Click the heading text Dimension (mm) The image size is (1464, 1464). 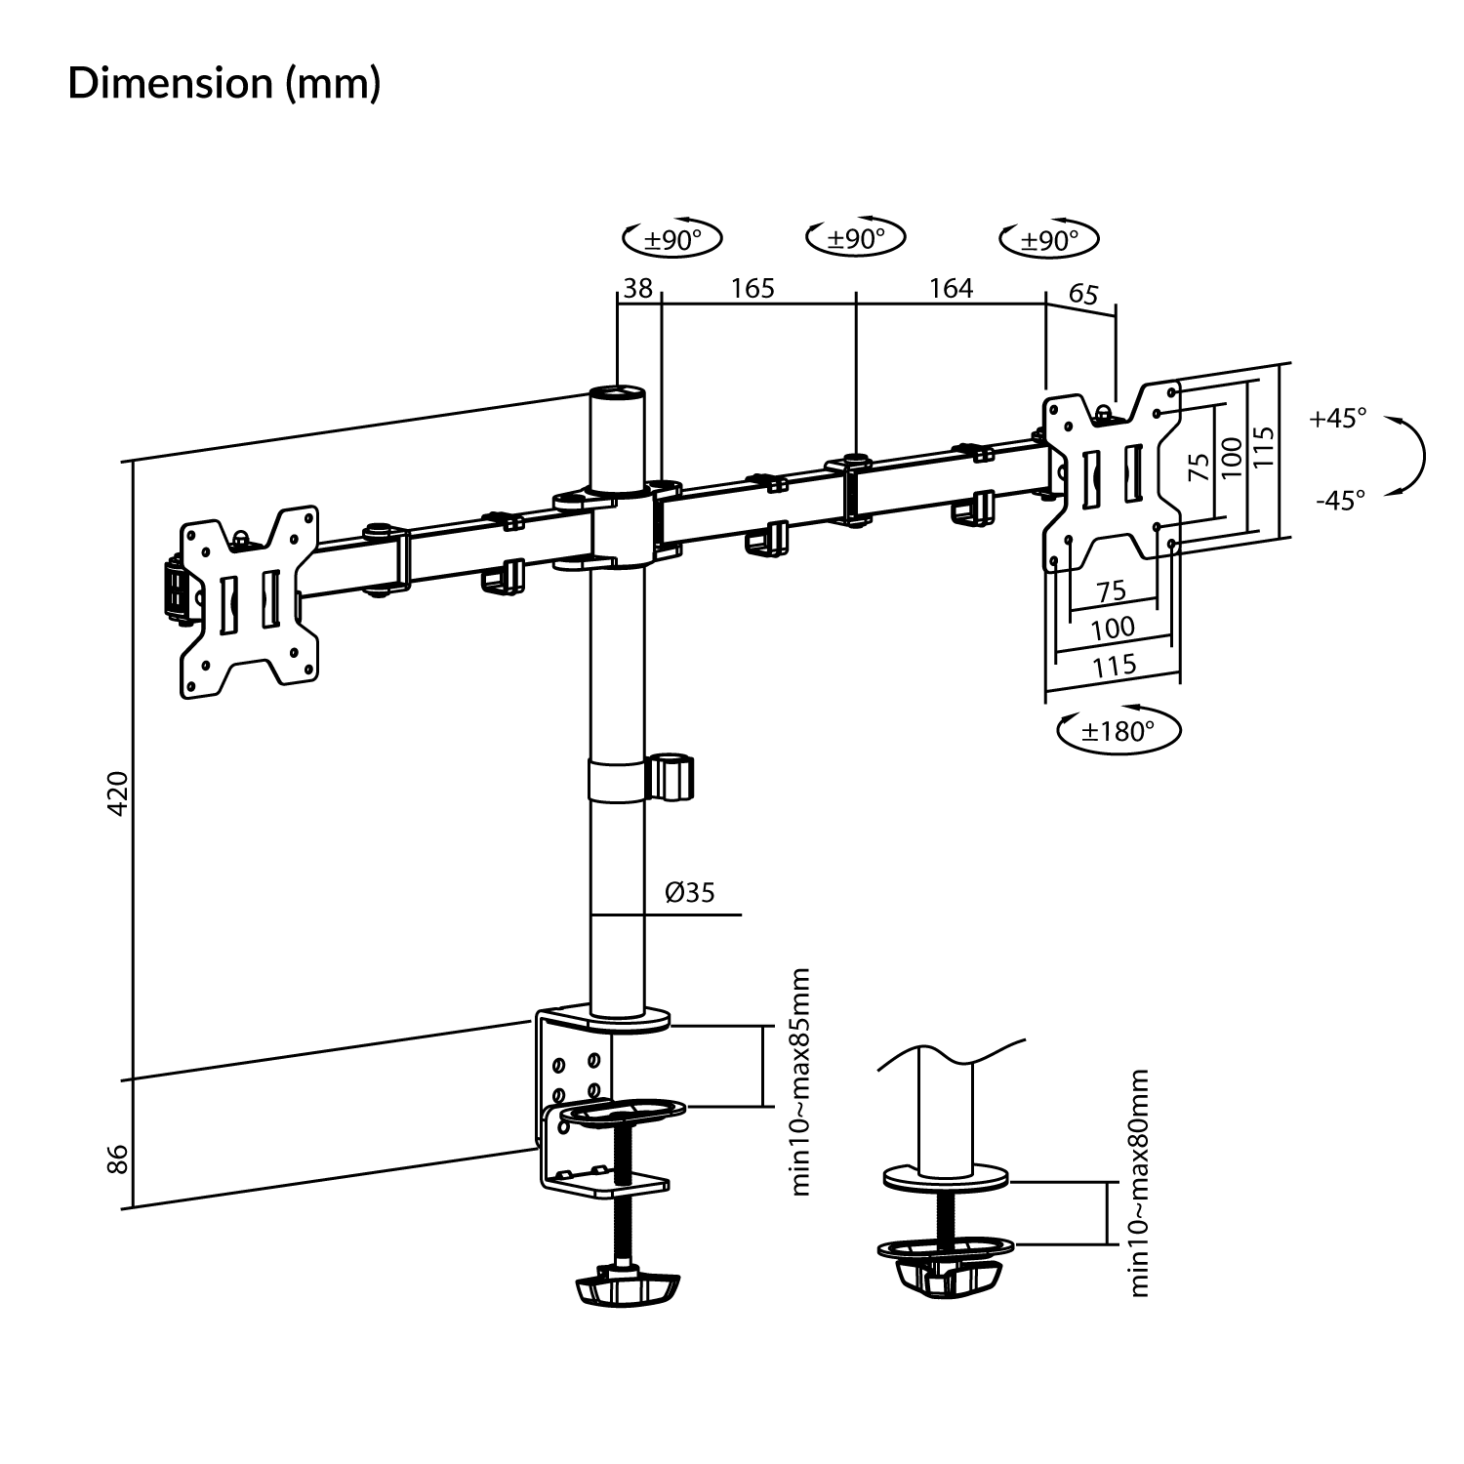[224, 84]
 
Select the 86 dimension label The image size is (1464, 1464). [117, 1159]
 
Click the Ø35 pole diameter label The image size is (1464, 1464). [690, 892]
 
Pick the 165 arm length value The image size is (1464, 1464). [752, 288]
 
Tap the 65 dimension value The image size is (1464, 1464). [1083, 294]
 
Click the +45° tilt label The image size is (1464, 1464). [1338, 419]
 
